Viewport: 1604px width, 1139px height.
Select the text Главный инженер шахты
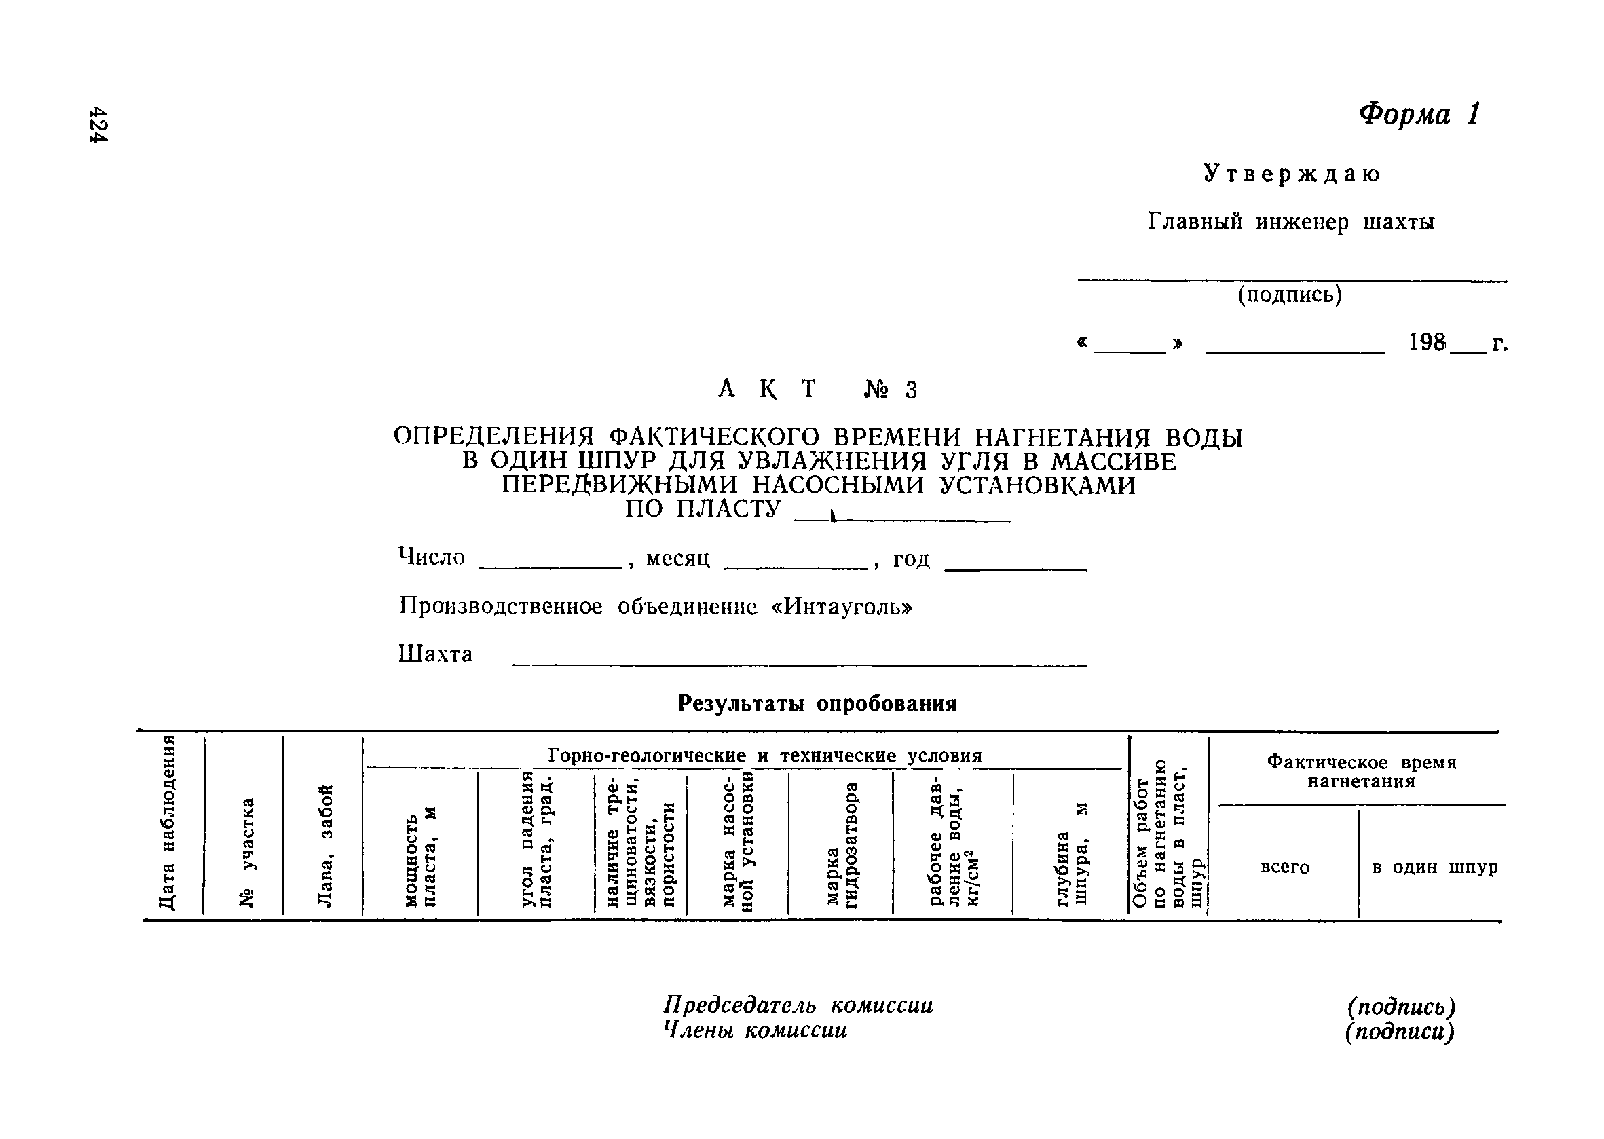[1291, 223]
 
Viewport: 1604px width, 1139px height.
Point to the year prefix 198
[1428, 343]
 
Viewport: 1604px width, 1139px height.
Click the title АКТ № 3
[818, 389]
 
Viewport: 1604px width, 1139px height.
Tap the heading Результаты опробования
[817, 703]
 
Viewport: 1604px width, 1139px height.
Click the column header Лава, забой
[324, 845]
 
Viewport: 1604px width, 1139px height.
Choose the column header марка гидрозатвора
[842, 845]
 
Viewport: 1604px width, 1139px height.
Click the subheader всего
[1284, 867]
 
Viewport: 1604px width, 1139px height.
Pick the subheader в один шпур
[1434, 867]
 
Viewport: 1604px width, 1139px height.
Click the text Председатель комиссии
[798, 1006]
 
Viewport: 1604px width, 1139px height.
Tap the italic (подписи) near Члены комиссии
[1400, 1032]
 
